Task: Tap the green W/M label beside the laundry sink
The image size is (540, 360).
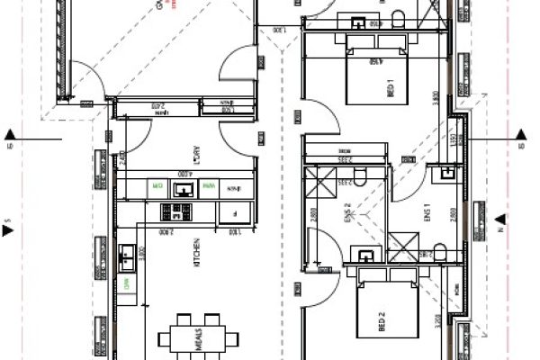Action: (x=208, y=188)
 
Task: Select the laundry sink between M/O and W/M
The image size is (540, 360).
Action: (x=183, y=189)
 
